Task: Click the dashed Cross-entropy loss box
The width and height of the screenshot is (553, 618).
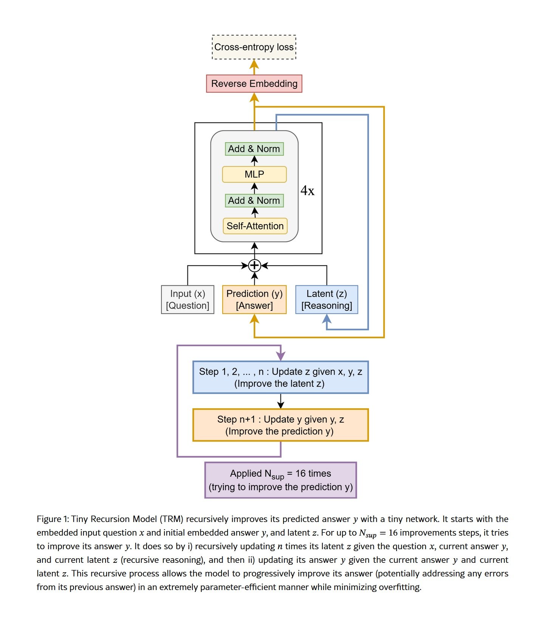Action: click(x=254, y=47)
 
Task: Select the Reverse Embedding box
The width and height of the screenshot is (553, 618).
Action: click(x=254, y=84)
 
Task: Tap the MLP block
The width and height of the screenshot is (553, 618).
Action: click(x=254, y=174)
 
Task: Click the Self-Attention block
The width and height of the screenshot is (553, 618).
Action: click(x=255, y=226)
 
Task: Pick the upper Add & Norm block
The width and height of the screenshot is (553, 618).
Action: click(x=254, y=149)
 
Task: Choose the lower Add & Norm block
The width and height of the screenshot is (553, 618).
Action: click(x=254, y=201)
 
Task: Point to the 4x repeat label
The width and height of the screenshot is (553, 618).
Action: click(x=307, y=191)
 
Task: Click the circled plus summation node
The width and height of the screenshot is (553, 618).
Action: click(x=255, y=266)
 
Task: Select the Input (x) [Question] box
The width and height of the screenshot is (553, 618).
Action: click(x=187, y=299)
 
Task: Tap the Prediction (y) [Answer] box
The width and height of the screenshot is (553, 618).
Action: click(x=254, y=299)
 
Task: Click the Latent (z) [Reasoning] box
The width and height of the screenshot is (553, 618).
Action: click(x=327, y=299)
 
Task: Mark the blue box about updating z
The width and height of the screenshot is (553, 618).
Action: click(x=280, y=377)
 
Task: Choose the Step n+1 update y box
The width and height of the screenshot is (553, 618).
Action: click(x=280, y=425)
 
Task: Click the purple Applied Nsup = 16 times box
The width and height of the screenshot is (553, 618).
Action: click(x=280, y=480)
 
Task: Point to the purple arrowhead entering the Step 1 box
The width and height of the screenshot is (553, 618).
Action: click(x=280, y=356)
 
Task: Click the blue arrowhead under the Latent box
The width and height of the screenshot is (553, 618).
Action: click(x=327, y=319)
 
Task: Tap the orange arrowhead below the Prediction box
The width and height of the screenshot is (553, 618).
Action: click(x=254, y=319)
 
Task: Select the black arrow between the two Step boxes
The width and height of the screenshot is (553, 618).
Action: click(x=280, y=401)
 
